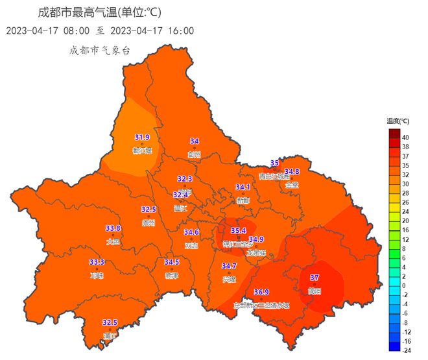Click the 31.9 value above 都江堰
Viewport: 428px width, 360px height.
tap(142, 137)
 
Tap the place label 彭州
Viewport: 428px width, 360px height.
tap(195, 154)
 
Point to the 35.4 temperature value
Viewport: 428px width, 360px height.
tap(239, 230)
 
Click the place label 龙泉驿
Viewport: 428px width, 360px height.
tap(256, 253)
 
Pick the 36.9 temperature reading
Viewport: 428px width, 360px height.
tap(261, 292)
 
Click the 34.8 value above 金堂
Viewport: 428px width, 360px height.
tap(292, 171)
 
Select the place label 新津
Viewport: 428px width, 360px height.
tap(171, 275)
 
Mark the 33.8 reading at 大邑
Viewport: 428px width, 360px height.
tap(113, 228)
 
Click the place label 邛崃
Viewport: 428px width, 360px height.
tap(97, 275)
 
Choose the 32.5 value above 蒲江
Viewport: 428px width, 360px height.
tap(110, 322)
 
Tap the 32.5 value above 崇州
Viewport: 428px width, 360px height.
tap(149, 209)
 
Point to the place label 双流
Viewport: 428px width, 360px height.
tap(191, 246)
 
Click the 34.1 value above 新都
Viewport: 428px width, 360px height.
tap(243, 187)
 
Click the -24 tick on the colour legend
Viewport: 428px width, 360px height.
tap(405, 350)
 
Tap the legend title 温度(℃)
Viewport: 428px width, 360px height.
tap(398, 121)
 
